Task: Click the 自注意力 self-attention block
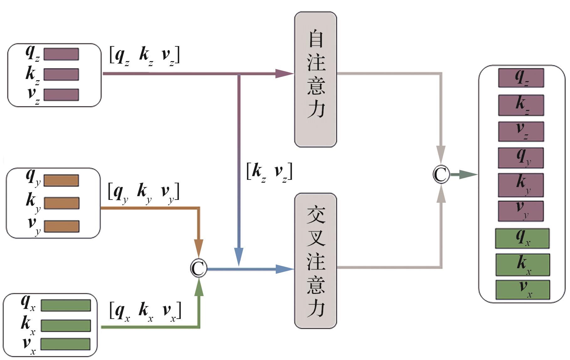315,79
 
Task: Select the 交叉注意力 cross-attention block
315,260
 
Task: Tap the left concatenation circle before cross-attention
199,269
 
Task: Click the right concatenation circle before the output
441,174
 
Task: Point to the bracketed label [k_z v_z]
269,172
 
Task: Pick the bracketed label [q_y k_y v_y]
144,192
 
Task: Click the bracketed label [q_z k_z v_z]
144,55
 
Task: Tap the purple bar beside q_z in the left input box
61,54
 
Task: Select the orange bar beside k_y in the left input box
61,203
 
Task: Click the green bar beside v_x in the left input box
65,344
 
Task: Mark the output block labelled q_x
522,238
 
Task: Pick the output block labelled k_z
521,105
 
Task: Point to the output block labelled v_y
521,211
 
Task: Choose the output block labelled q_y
521,158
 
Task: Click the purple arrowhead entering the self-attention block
284,74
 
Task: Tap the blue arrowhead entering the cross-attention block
284,269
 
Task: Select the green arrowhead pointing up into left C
199,288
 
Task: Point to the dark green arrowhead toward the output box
468,174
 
